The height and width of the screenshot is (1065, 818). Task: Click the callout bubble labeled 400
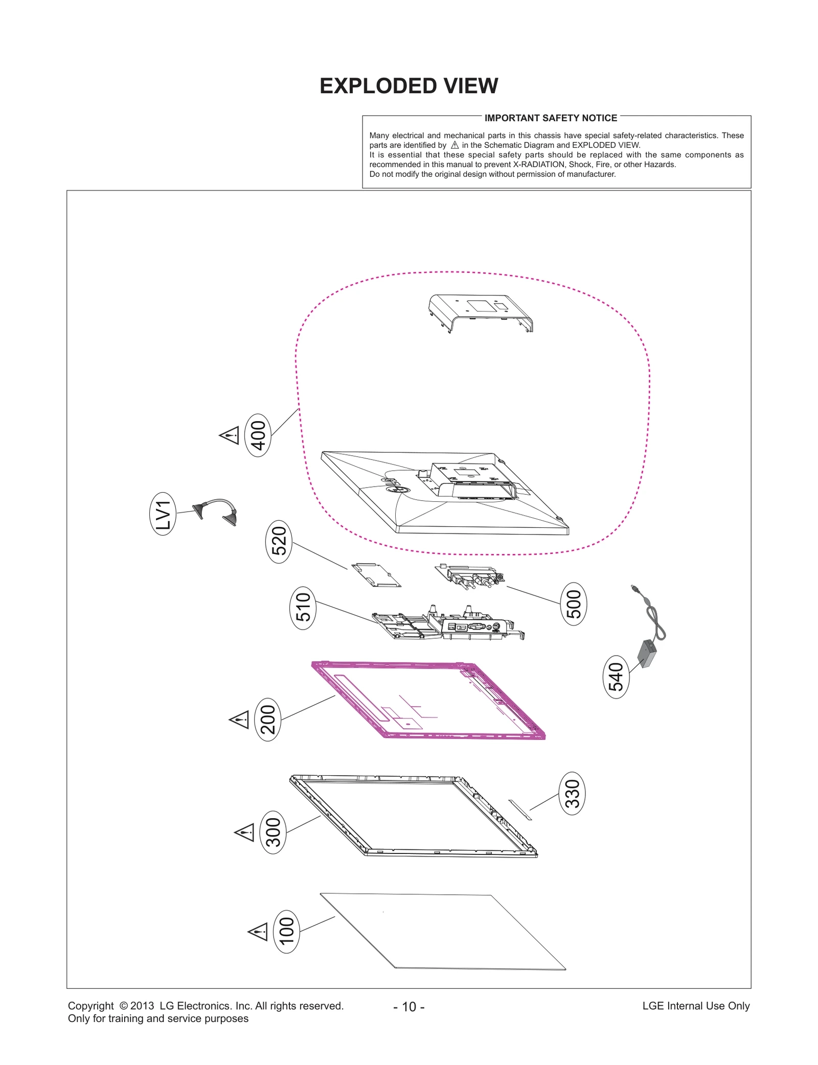click(x=258, y=435)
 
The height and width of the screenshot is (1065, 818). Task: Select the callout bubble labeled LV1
click(x=163, y=514)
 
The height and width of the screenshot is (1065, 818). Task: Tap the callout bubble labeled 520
click(x=279, y=541)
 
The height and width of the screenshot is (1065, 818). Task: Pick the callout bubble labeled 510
click(x=303, y=608)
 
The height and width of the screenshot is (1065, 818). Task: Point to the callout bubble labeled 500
click(x=574, y=604)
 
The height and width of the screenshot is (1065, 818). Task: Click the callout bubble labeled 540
click(x=616, y=677)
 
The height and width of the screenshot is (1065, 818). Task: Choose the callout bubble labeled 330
click(x=572, y=793)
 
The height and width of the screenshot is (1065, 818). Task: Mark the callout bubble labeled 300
click(x=274, y=832)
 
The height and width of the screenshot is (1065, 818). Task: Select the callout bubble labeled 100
click(x=287, y=931)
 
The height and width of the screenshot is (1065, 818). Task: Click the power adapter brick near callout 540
click(x=647, y=654)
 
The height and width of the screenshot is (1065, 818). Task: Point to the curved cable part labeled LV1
click(x=217, y=511)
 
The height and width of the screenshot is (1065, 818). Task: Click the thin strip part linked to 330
click(x=520, y=809)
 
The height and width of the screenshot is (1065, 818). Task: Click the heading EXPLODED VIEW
click(x=408, y=86)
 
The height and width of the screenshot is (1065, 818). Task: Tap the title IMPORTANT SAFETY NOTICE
click(x=551, y=118)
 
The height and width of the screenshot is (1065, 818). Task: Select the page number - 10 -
click(x=408, y=1006)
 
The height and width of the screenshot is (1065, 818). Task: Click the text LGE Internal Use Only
click(x=695, y=1006)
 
